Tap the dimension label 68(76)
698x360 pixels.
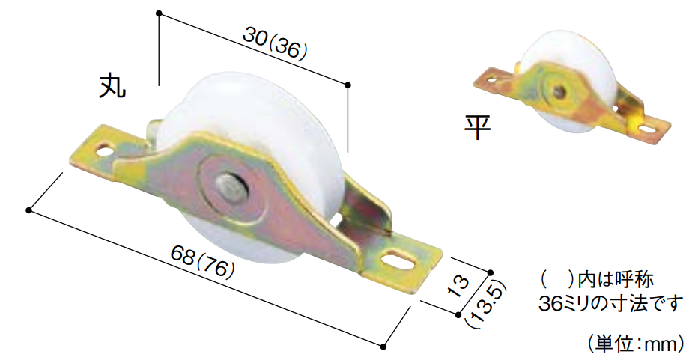pyautogui.click(x=202, y=261)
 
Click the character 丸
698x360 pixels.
pyautogui.click(x=112, y=85)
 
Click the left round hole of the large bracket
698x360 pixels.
pyautogui.click(x=105, y=149)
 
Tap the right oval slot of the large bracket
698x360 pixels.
pyautogui.click(x=397, y=260)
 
